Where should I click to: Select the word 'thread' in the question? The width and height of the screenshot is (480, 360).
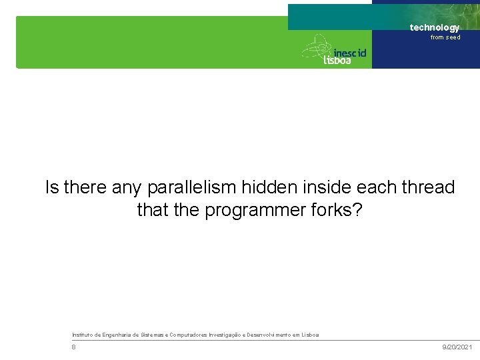(427, 188)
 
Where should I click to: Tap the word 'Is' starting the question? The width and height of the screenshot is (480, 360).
(52, 188)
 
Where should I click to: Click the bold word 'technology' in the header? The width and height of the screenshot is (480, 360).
(434, 27)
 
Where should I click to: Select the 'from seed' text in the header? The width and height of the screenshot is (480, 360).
(445, 37)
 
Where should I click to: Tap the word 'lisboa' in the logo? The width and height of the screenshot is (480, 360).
(337, 60)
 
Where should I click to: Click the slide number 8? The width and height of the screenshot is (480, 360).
(74, 347)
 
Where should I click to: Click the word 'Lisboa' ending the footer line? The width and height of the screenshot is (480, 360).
(309, 334)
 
